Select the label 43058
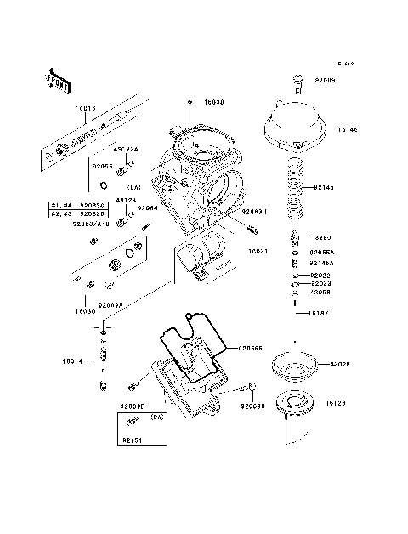point(320,292)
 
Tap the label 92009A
point(110,305)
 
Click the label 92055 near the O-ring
point(103,168)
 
